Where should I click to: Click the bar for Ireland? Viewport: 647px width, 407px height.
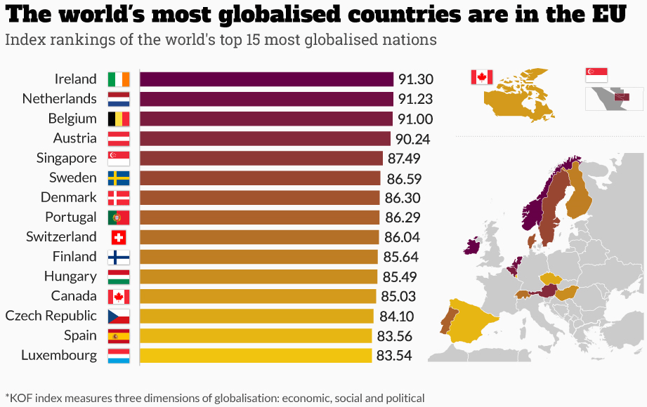coord(266,79)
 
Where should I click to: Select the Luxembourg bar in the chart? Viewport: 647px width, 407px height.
coord(256,356)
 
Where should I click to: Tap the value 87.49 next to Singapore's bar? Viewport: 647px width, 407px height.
coord(405,159)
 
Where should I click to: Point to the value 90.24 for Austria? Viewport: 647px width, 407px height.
coord(413,139)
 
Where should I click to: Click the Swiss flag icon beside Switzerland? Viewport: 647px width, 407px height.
coord(118,237)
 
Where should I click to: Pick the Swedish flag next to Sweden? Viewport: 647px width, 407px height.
coord(118,178)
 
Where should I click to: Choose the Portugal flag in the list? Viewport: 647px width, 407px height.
coord(118,218)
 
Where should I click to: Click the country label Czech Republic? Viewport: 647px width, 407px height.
coord(51,316)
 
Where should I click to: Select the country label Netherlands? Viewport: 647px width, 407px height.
coord(60,99)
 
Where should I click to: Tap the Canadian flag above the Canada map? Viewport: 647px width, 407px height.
coord(482,77)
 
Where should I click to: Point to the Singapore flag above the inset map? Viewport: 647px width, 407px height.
coord(596,74)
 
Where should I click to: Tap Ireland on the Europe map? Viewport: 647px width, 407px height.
coord(471,246)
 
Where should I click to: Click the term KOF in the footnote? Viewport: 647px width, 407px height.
coord(21,399)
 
